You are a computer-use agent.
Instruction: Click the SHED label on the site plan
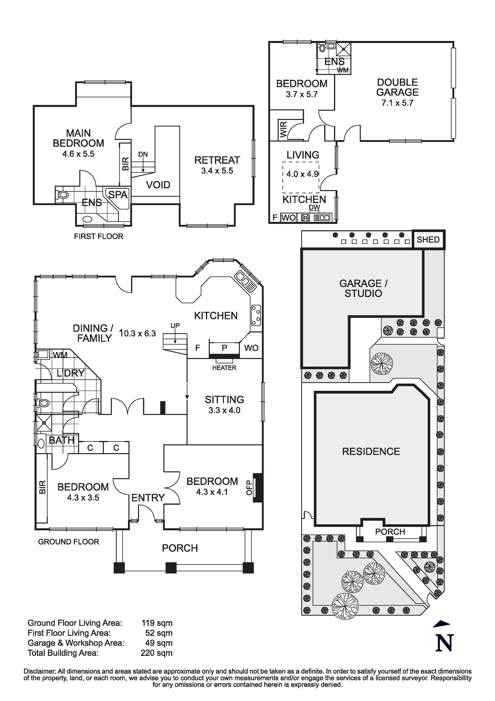tap(428, 240)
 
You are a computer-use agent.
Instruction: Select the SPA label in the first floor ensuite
tap(118, 194)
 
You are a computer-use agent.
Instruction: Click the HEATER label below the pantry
tap(224, 368)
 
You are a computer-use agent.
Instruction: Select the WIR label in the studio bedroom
tap(283, 129)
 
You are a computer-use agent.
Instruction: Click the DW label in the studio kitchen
tap(314, 207)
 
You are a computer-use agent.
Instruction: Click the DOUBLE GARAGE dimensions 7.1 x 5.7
tap(397, 103)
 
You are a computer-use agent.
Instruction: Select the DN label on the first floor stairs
tap(143, 155)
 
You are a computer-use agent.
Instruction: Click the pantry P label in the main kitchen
tap(224, 348)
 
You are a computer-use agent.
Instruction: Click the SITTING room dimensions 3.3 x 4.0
tap(224, 410)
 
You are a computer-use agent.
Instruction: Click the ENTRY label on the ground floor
tap(148, 498)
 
